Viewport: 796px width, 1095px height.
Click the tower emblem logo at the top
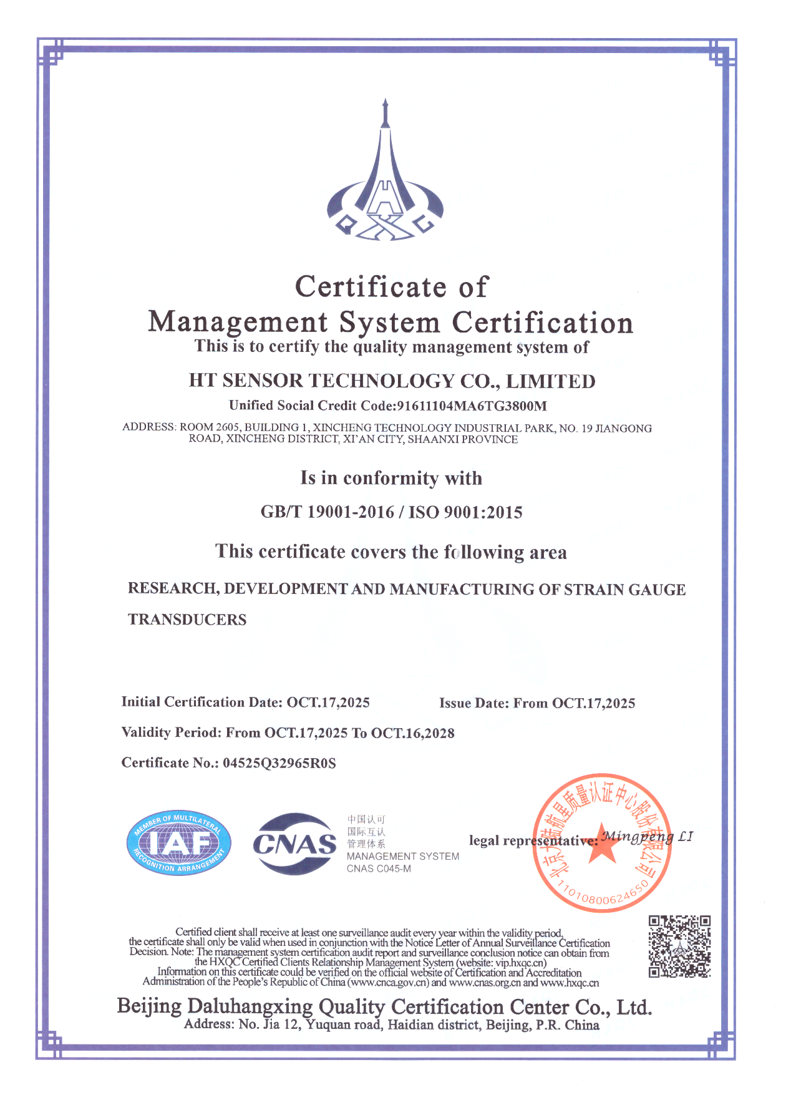pyautogui.click(x=385, y=178)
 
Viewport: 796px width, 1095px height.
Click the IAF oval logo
pyautogui.click(x=178, y=844)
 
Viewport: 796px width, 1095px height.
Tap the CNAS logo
pyautogui.click(x=294, y=844)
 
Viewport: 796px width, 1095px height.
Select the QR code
pyautogui.click(x=679, y=947)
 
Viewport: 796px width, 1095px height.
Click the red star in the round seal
pyautogui.click(x=603, y=844)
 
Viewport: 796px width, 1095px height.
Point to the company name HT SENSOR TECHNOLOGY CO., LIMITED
pyautogui.click(x=392, y=381)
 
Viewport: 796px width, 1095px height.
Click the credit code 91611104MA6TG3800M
pyautogui.click(x=472, y=406)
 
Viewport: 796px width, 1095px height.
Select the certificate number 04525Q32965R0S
pyautogui.click(x=279, y=763)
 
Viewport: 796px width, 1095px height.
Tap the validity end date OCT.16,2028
pyautogui.click(x=413, y=733)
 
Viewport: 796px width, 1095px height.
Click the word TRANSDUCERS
pyautogui.click(x=187, y=620)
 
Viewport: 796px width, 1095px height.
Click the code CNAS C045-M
pyautogui.click(x=379, y=869)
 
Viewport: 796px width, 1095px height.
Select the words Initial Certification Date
pyautogui.click(x=201, y=703)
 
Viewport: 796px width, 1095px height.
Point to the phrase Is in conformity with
pyautogui.click(x=391, y=479)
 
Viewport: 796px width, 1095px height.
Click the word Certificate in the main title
pyautogui.click(x=371, y=287)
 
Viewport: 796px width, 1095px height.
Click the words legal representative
pyautogui.click(x=531, y=840)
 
